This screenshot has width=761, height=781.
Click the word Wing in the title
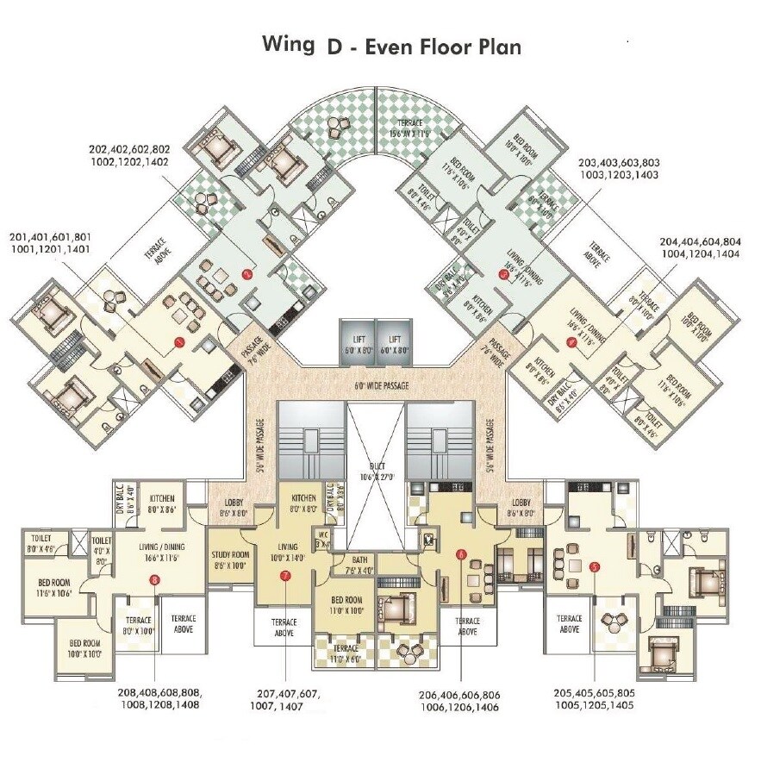tap(288, 45)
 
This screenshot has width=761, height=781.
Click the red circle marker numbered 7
tap(285, 576)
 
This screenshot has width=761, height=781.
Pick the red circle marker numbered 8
tap(153, 580)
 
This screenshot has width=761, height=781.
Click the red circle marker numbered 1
tap(179, 342)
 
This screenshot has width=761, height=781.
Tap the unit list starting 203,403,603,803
tap(619, 167)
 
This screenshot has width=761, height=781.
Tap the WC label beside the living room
tap(324, 540)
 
